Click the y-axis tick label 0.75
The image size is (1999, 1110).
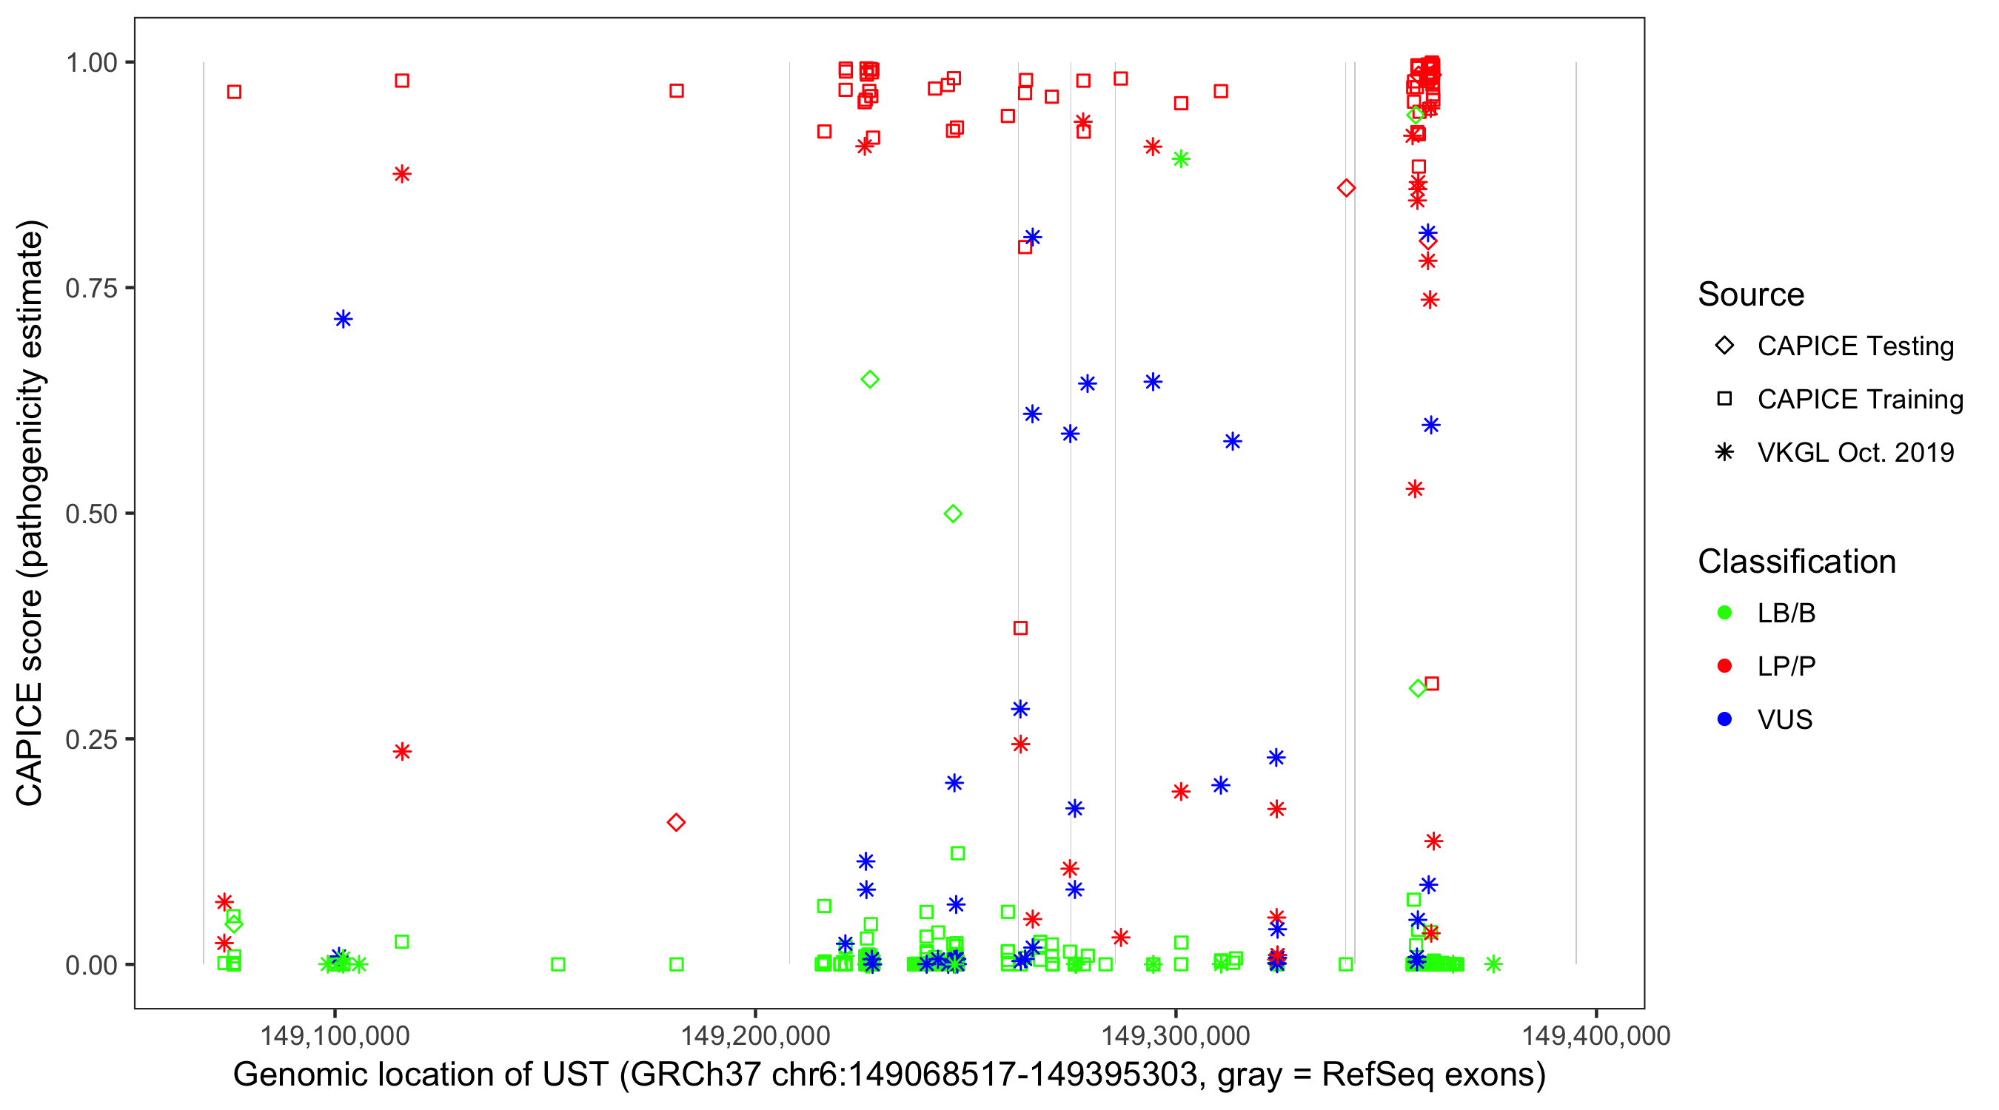[90, 288]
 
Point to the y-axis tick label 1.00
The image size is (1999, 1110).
[90, 62]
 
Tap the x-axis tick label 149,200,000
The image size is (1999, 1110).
[755, 1035]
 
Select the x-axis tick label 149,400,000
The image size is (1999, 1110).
[1595, 1035]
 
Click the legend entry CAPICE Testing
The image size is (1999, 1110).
[1855, 346]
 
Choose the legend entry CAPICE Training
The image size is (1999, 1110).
[1859, 400]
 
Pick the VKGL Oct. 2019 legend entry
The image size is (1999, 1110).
[1855, 452]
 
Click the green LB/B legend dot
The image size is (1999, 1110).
[1724, 613]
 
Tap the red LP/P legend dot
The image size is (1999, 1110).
[1724, 666]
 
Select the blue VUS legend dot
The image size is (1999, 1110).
[1724, 719]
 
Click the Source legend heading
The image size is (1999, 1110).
[1751, 295]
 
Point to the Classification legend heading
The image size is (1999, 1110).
[1796, 562]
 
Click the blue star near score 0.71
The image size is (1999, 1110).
[343, 320]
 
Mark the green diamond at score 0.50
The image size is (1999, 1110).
[953, 514]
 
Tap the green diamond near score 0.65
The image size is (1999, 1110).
[870, 380]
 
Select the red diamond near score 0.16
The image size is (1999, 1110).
[676, 822]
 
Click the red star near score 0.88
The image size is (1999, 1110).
[401, 174]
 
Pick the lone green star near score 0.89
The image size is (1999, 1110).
[1180, 159]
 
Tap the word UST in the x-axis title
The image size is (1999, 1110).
[575, 1075]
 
